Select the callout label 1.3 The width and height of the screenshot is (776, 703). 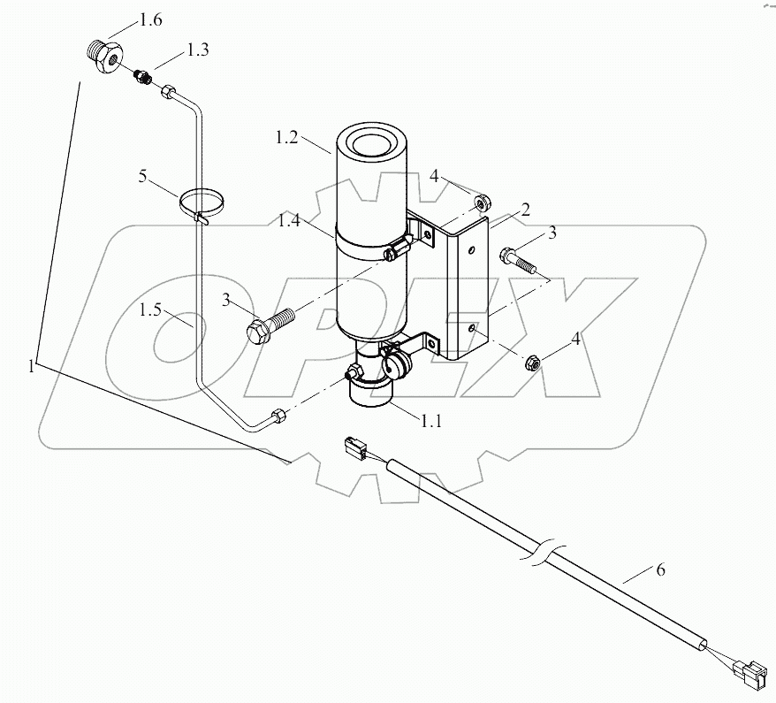[197, 52]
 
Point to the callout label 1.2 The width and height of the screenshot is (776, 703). [288, 138]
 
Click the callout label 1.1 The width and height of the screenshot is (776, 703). [430, 422]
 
